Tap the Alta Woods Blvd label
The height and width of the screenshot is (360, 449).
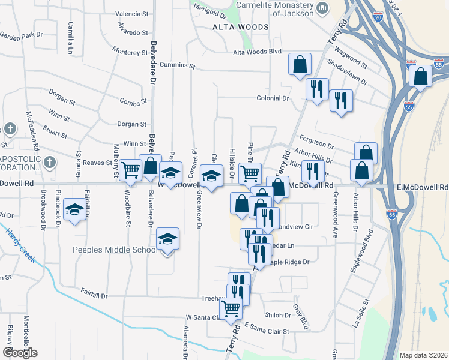coord(258,52)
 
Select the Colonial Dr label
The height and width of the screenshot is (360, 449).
coord(273,98)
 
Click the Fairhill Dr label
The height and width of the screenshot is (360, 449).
coord(94,296)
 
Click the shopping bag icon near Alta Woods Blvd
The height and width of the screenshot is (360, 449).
coord(299,64)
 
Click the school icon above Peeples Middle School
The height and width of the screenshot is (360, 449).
coord(167,238)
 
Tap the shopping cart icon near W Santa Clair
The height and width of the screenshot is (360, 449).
coord(230,308)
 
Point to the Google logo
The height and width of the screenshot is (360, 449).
coord(20,353)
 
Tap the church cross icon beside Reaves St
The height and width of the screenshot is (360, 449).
coord(49,161)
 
